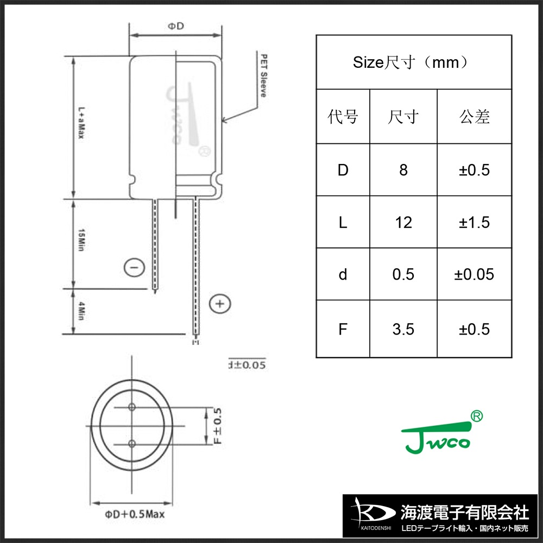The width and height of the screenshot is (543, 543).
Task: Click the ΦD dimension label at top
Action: pos(174,26)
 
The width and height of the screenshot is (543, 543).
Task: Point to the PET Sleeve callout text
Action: pos(263,75)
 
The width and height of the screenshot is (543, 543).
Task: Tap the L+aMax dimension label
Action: pos(80,123)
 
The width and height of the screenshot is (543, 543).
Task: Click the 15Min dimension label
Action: pos(81,239)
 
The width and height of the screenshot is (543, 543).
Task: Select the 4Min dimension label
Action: pos(81,311)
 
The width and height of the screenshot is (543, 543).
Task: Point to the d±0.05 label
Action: pos(247,365)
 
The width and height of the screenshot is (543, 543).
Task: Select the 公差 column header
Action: pos(474,116)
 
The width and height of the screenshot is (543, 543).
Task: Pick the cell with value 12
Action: pos(403,222)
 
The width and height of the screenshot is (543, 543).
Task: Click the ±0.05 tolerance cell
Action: pos(474,274)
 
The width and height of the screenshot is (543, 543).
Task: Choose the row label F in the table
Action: pos(343,329)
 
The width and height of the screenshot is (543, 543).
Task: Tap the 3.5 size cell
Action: pos(403,329)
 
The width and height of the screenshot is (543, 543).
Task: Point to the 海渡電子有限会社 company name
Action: pos(464,512)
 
